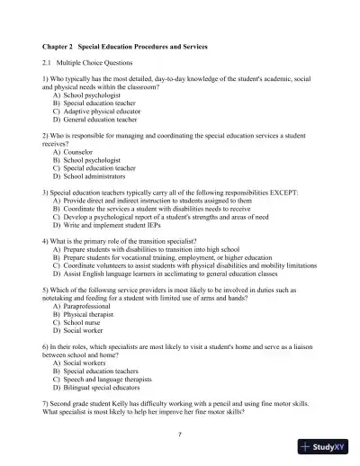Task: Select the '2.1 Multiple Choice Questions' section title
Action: pos(87,63)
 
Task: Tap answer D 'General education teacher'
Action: pos(100,119)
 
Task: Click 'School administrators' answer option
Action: pos(94,175)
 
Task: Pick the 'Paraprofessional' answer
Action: pos(89,306)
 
